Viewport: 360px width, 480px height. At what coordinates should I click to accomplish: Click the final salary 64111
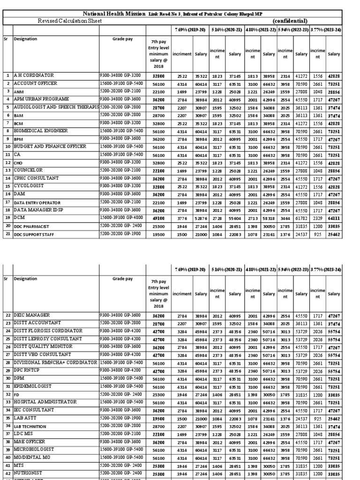pos(334,218)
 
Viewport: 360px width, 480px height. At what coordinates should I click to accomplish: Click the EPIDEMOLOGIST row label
pos(35,386)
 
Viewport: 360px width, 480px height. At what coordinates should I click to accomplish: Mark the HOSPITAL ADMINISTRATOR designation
pos(45,402)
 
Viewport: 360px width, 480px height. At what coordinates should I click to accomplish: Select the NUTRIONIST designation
pos(31,473)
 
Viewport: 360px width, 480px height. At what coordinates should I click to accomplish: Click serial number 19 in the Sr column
pos(8,218)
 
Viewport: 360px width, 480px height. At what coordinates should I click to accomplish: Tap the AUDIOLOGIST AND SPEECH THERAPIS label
pos(56,107)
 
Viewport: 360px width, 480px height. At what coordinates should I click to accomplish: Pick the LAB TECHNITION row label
pos(30,426)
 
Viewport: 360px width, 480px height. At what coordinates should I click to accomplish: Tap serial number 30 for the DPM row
pos(8,378)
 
